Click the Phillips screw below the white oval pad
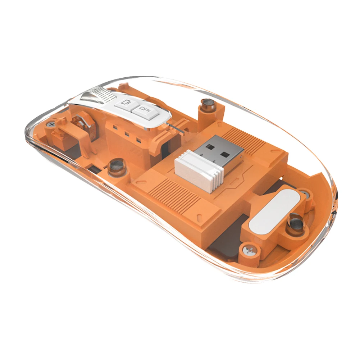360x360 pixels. click(x=248, y=250)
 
